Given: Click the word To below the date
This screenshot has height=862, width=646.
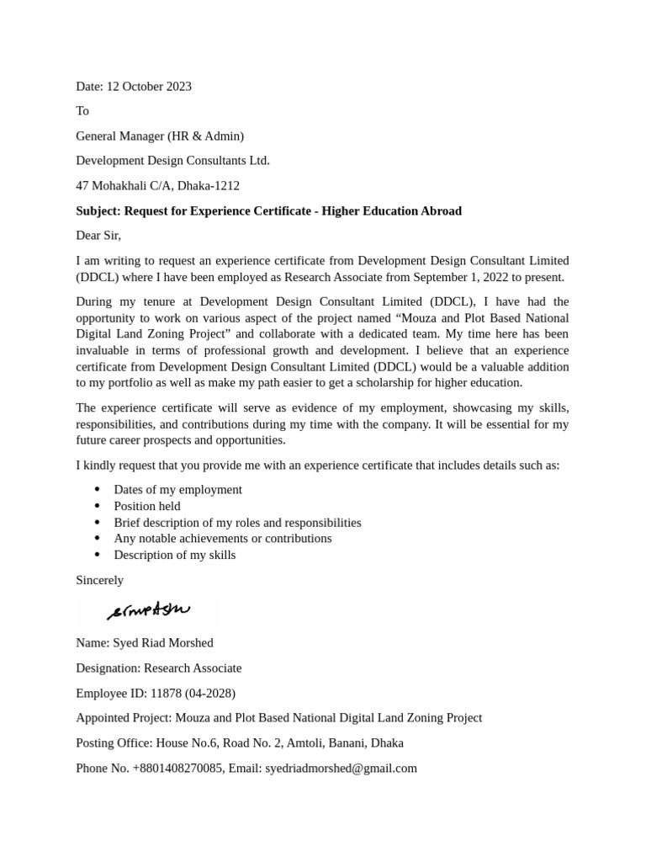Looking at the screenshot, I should pos(82,111).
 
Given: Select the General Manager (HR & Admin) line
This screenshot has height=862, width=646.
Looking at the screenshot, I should pos(160,136).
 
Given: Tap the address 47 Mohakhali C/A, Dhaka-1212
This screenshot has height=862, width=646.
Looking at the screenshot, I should pos(157,185).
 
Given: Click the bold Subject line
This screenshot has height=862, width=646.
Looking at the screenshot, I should pos(268,210).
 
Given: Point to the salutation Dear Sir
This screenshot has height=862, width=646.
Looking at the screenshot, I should pos(98,236).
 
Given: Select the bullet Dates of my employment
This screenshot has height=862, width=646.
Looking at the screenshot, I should pos(177,489).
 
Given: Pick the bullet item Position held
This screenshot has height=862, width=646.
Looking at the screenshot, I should pos(147,506).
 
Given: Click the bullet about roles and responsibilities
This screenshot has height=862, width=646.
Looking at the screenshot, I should pos(237,522).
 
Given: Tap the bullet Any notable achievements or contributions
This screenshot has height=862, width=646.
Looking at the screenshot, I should pos(223,538).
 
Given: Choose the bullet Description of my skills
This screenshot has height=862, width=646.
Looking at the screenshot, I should pos(175,555).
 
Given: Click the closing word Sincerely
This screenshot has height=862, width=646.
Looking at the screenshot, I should pos(99,580).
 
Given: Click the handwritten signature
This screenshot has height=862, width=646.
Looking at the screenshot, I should pos(149,610).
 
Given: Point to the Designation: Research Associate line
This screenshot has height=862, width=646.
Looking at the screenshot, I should pos(158,668).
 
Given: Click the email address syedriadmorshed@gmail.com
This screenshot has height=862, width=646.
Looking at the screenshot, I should pos(341,768).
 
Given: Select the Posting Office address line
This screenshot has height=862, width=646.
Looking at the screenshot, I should pos(239,742).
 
